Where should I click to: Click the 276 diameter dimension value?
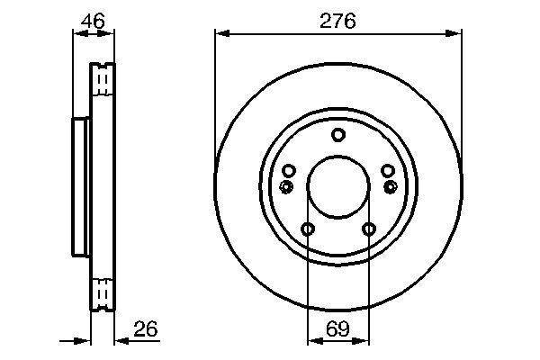(x=337, y=19)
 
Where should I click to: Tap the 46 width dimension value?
(x=93, y=18)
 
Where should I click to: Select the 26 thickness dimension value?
(x=146, y=329)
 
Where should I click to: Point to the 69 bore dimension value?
(x=337, y=329)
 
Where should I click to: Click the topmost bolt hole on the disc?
(x=338, y=136)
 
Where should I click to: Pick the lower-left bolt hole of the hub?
(x=308, y=229)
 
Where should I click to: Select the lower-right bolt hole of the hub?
(x=368, y=229)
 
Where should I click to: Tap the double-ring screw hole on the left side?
(x=286, y=186)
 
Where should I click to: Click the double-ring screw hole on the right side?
(x=391, y=186)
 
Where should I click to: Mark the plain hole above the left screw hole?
(x=289, y=171)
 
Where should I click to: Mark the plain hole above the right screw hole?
(x=388, y=171)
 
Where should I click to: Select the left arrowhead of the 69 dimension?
(x=312, y=341)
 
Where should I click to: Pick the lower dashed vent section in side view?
(x=103, y=293)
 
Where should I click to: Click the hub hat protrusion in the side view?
(x=80, y=187)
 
